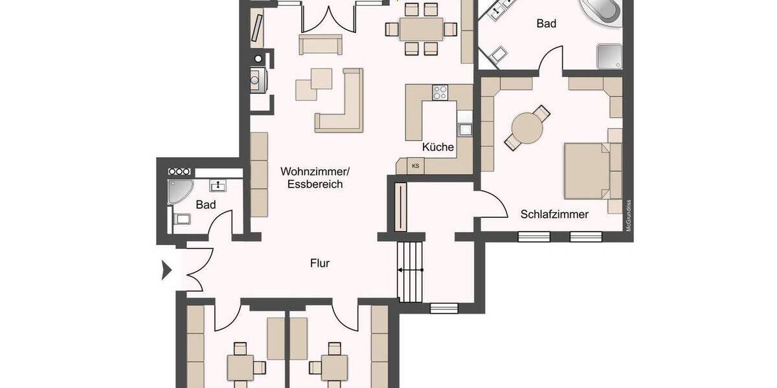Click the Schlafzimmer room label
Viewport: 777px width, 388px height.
pyautogui.click(x=554, y=214)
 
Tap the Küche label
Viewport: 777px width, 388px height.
pyautogui.click(x=438, y=147)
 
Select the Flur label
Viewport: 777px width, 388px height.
pyautogui.click(x=320, y=263)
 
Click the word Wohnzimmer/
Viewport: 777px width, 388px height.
pyautogui.click(x=315, y=171)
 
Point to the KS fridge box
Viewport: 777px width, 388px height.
pyautogui.click(x=415, y=166)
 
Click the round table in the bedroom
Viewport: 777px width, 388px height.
pyautogui.click(x=527, y=127)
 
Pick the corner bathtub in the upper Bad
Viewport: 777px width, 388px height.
pyautogui.click(x=602, y=12)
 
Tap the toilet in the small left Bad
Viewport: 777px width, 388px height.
pyautogui.click(x=181, y=219)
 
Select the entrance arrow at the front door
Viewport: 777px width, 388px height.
pyautogui.click(x=166, y=270)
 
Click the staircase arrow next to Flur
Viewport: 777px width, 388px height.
pyautogui.click(x=410, y=270)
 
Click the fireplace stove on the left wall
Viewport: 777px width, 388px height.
pyautogui.click(x=256, y=81)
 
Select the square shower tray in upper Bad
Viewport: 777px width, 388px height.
pyautogui.click(x=610, y=56)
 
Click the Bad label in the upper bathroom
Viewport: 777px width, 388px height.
pyautogui.click(x=546, y=24)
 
